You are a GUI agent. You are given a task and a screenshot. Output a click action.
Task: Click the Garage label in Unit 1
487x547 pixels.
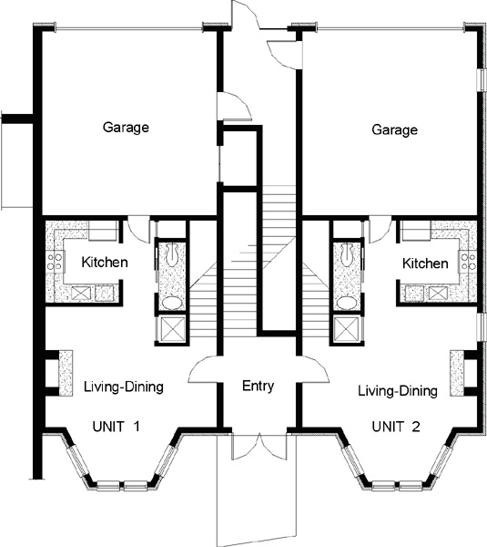tap(126, 128)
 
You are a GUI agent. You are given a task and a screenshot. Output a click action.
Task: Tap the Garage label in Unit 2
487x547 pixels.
tap(395, 129)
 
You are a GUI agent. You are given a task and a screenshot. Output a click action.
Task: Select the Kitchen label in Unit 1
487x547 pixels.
tap(105, 262)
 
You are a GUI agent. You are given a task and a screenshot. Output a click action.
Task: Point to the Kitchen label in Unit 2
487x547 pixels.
tap(425, 263)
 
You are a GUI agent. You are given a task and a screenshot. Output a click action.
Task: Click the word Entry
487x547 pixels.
tap(259, 387)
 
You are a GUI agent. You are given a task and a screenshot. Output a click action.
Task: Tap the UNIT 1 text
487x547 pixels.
tap(116, 427)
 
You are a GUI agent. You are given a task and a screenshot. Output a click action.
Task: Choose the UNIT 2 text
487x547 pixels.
tap(396, 427)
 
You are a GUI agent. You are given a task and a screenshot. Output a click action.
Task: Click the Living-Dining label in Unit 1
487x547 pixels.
tap(124, 387)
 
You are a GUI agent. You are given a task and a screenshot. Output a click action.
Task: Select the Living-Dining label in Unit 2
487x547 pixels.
tap(398, 391)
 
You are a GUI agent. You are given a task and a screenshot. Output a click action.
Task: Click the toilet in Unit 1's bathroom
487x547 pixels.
tap(172, 253)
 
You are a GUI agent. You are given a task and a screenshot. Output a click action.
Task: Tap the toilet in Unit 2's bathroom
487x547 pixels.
tap(346, 253)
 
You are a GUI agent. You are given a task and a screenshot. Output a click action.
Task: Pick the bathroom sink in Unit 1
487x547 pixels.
tap(172, 303)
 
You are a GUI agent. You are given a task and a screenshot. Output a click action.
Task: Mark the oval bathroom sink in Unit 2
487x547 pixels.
tap(347, 303)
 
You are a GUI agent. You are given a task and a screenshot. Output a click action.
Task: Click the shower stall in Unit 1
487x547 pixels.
tap(171, 329)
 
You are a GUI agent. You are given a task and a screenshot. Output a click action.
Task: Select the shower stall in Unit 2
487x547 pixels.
tap(346, 329)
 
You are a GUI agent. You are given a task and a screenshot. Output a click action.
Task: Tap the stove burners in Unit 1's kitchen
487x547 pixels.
tap(55, 262)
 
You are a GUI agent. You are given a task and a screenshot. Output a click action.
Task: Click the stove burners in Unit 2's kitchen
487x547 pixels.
tap(468, 262)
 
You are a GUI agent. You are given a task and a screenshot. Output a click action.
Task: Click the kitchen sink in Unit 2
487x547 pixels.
tap(437, 293)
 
